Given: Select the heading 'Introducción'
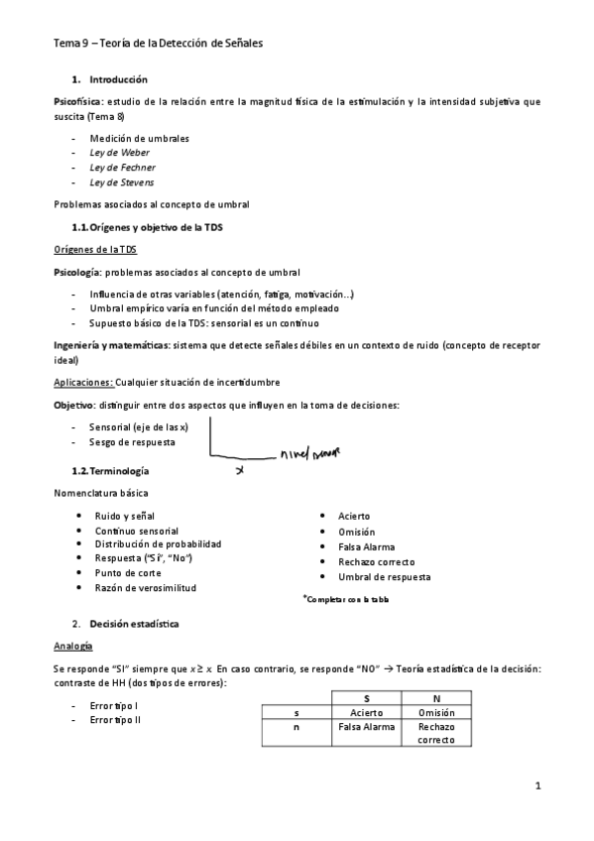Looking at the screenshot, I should coord(118,78).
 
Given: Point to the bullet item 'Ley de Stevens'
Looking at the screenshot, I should coord(121,182).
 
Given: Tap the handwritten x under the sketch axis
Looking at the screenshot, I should coord(239,471).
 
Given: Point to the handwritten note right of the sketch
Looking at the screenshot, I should coord(310,454).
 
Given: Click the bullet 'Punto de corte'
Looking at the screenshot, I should coord(126,572).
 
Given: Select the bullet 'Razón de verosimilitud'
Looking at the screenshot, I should coord(145,587).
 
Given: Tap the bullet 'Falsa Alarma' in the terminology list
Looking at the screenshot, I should coord(366,546).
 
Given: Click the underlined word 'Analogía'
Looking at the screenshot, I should coord(74,646).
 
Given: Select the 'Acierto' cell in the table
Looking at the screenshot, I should coord(366,711).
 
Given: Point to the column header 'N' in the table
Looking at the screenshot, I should coord(435,697).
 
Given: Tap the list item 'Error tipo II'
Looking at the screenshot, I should coord(114,720).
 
